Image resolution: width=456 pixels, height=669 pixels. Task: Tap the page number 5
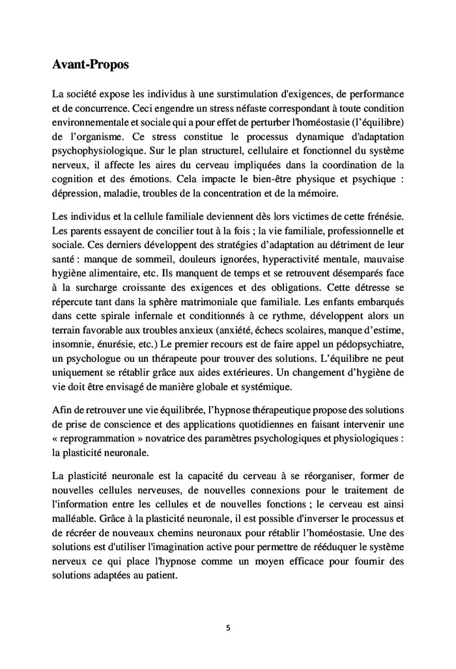click(228, 627)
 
